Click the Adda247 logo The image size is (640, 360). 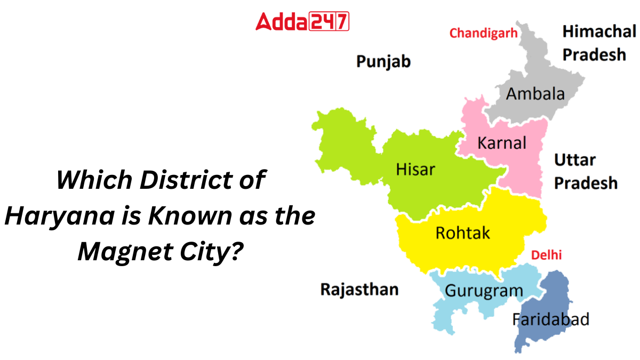302,22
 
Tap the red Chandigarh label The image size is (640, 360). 483,33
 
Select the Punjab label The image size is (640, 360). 383,62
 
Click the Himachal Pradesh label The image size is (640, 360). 598,43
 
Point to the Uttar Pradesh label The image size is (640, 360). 585,171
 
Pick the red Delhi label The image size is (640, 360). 547,255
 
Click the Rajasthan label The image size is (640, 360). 359,289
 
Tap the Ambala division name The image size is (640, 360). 535,94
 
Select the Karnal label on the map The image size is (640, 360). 501,143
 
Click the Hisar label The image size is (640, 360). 415,170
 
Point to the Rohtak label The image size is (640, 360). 462,233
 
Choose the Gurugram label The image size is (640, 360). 484,291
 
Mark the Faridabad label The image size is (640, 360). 550,319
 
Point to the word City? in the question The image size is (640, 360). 203,250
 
